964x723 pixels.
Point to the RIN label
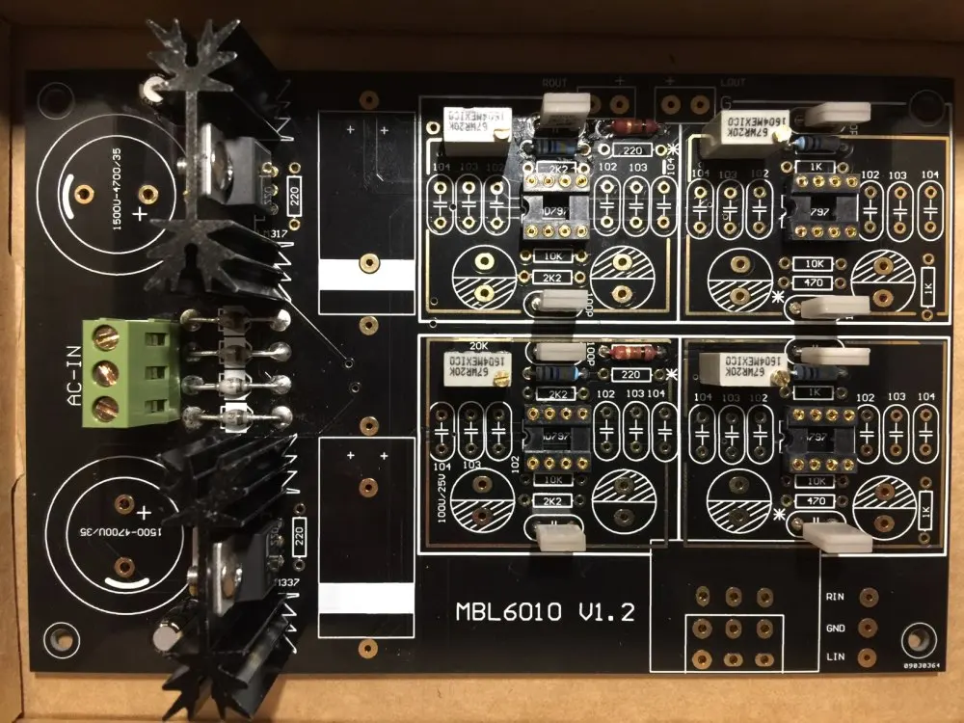click(835, 597)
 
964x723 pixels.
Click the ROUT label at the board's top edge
click(555, 83)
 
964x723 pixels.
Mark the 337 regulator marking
click(286, 583)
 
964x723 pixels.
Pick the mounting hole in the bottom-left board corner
click(61, 637)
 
